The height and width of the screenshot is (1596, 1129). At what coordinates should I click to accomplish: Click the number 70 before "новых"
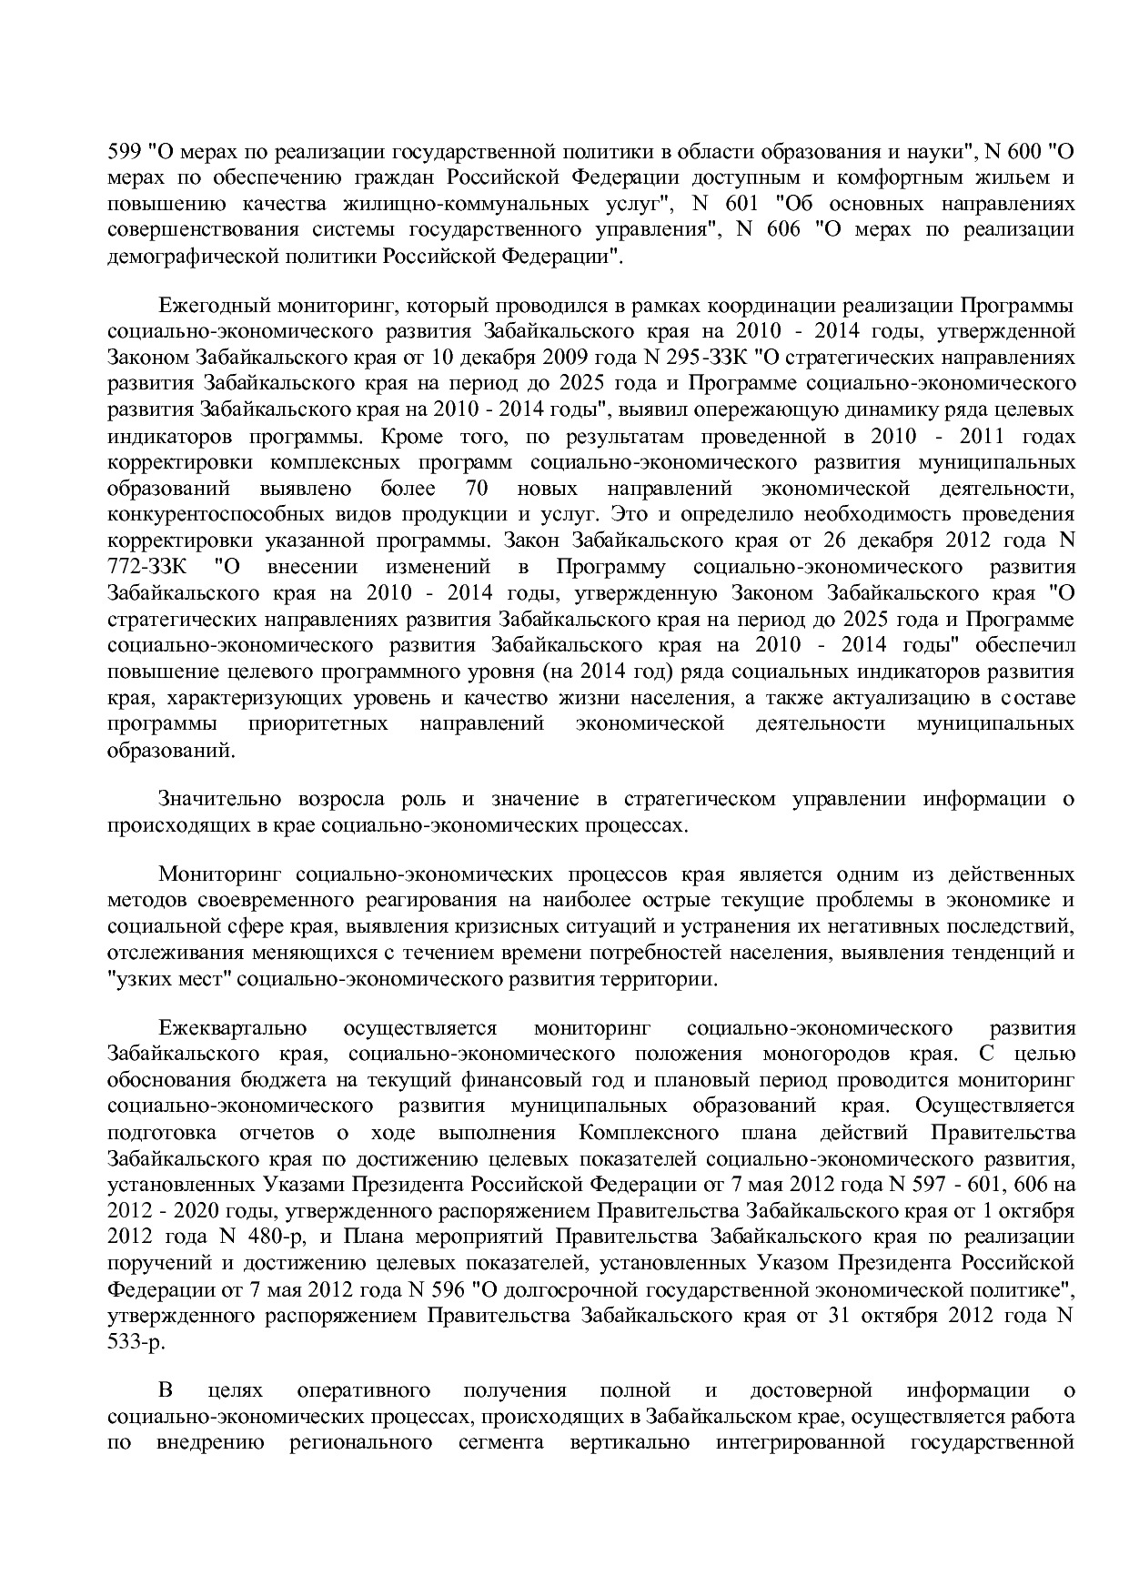[476, 489]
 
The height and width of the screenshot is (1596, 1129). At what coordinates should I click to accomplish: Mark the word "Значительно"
[217, 800]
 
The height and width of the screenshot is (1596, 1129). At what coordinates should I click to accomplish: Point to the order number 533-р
[136, 1342]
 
